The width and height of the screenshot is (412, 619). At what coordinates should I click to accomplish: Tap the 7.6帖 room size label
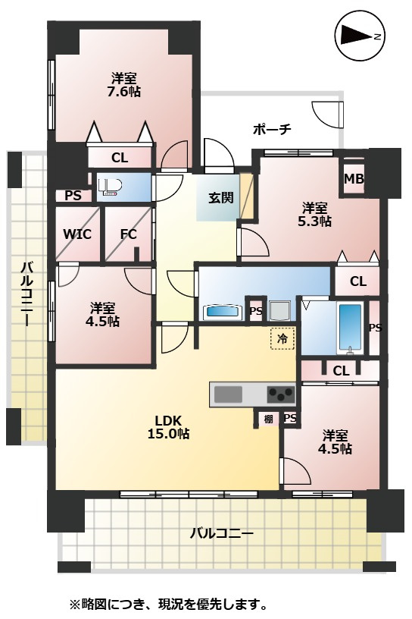(124, 92)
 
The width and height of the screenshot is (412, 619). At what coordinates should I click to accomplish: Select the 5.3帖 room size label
(314, 221)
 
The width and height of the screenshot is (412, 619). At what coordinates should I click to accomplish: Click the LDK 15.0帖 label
(168, 427)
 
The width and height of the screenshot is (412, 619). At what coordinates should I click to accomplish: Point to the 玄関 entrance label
(221, 197)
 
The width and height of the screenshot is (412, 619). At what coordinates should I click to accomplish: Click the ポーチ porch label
(272, 129)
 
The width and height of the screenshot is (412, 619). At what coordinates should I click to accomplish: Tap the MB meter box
(354, 179)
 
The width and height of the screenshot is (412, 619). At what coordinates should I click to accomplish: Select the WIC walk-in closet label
(77, 234)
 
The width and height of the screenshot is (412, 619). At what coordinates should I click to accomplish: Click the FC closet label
(128, 234)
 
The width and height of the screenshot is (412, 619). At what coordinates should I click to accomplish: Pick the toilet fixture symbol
(110, 187)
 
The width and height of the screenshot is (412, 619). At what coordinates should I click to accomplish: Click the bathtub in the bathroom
(351, 327)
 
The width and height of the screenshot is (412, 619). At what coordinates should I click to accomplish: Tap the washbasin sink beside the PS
(223, 312)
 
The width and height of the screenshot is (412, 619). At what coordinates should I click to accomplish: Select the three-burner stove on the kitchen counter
(281, 394)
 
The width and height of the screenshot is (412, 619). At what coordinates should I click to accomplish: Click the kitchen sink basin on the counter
(228, 394)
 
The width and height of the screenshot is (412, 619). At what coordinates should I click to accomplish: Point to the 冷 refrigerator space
(282, 338)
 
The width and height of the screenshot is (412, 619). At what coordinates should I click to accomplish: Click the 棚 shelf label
(269, 419)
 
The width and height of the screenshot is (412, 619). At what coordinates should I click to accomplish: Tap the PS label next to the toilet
(73, 196)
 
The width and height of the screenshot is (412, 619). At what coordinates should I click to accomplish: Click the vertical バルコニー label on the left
(26, 294)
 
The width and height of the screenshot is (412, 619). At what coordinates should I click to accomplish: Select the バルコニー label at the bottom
(222, 534)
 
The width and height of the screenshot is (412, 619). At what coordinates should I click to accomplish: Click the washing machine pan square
(280, 311)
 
